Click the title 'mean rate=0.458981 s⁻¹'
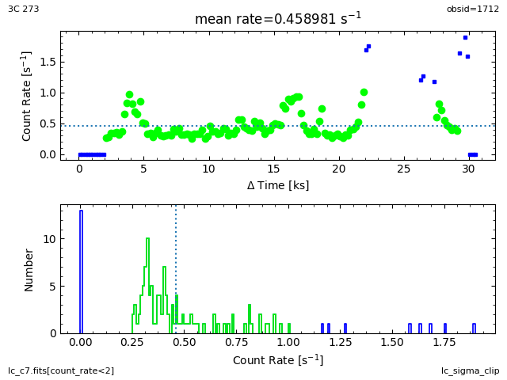click(x=277, y=19)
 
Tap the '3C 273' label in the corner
click(x=24, y=9)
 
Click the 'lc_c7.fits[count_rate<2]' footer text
click(x=61, y=370)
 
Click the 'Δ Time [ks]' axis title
click(x=277, y=185)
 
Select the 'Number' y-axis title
click(x=29, y=269)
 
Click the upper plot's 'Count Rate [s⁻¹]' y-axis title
click(x=27, y=96)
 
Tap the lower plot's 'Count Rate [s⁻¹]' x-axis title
click(x=277, y=360)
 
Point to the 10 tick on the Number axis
click(x=49, y=239)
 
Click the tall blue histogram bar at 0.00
click(x=81, y=272)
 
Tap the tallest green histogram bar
click(x=147, y=285)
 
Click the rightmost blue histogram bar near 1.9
click(x=474, y=329)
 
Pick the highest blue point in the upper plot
click(x=465, y=37)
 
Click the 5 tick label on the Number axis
click(x=51, y=286)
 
